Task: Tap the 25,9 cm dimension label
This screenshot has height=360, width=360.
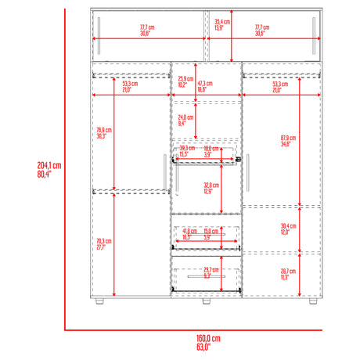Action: (185, 81)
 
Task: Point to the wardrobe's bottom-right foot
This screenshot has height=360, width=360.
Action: (313, 301)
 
